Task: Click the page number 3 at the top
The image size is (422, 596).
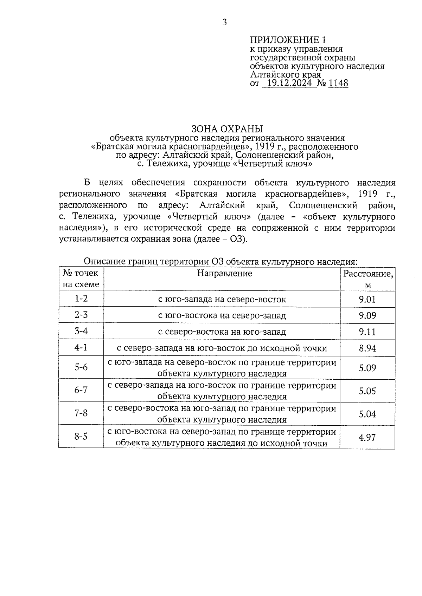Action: [225, 23]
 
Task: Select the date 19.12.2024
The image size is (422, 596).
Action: [289, 83]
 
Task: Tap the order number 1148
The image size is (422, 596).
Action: [338, 83]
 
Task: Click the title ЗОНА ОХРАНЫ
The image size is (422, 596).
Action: [227, 129]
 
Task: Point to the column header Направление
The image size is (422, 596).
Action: [224, 273]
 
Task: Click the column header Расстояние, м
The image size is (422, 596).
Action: [367, 279]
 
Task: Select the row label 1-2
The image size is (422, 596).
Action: [81, 299]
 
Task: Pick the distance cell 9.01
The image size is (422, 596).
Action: [367, 300]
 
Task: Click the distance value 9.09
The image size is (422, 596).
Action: [367, 316]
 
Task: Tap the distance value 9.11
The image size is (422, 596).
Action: [367, 332]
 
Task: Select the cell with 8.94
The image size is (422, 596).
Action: [367, 348]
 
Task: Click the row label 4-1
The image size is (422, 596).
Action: [81, 348]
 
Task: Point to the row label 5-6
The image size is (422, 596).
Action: [81, 367]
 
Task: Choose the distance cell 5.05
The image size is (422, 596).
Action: [367, 391]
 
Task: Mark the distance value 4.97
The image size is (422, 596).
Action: [367, 438]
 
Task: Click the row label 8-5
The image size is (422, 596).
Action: [81, 437]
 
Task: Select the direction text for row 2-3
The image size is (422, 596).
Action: [222, 315]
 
